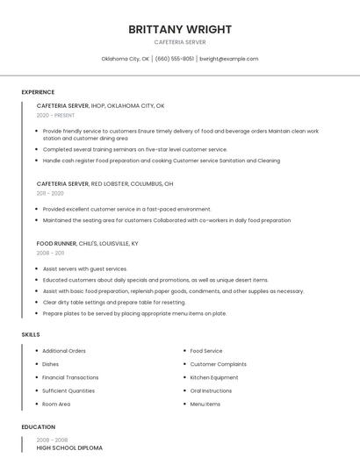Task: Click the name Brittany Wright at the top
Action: [x=180, y=29]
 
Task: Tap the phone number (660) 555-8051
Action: [x=175, y=59]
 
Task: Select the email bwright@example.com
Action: [x=229, y=59]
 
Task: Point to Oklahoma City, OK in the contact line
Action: [x=126, y=59]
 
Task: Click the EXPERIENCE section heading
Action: [x=38, y=92]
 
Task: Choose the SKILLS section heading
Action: [x=31, y=334]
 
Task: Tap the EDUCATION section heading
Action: [x=39, y=427]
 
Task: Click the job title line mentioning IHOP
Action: [x=100, y=105]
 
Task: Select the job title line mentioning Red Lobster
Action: [x=104, y=184]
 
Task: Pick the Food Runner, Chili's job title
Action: [x=87, y=243]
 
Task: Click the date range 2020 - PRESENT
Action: [x=56, y=115]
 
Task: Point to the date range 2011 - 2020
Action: [x=50, y=194]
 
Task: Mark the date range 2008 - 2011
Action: [x=50, y=253]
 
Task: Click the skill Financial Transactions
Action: [x=70, y=377]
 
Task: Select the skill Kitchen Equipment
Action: [x=214, y=377]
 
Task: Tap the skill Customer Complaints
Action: [x=219, y=364]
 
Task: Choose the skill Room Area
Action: [x=56, y=404]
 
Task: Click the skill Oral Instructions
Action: [x=212, y=390]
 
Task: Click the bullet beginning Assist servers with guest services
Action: [x=85, y=269]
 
